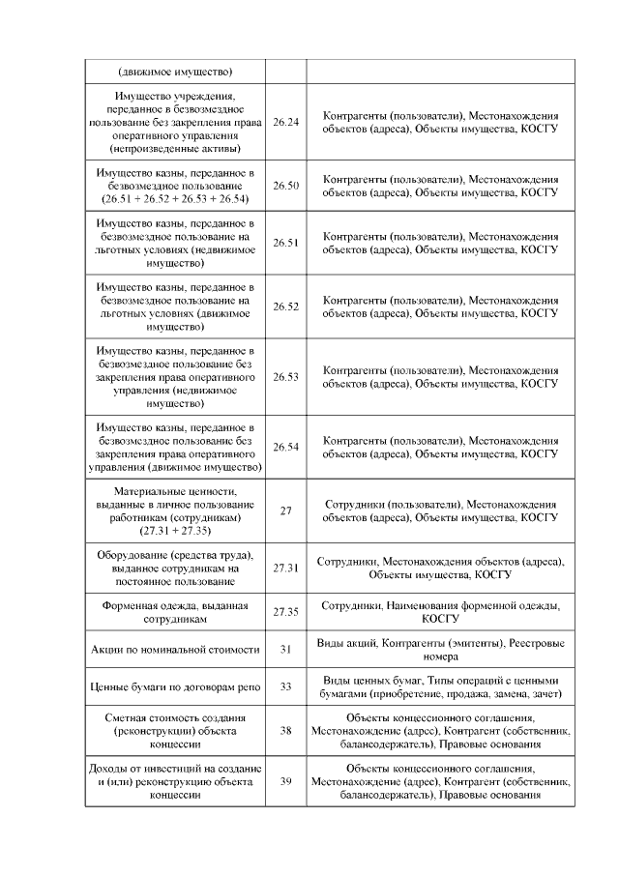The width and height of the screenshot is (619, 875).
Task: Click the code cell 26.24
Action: click(286, 123)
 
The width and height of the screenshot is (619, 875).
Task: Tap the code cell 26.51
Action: click(286, 243)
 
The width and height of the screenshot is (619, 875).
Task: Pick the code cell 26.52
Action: click(286, 306)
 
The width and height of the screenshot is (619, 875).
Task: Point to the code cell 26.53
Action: click(286, 376)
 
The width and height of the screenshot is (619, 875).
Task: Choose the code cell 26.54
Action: click(286, 447)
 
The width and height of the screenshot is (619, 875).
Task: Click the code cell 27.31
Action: click(286, 569)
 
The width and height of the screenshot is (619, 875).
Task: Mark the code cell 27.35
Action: click(286, 612)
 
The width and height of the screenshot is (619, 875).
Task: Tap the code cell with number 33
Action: click(286, 687)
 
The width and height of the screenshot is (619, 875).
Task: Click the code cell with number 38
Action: click(286, 731)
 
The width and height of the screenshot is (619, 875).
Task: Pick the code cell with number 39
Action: click(286, 781)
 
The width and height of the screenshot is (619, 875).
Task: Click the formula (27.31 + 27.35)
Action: click(174, 531)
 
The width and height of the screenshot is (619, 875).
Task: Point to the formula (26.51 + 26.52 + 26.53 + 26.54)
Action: click(174, 199)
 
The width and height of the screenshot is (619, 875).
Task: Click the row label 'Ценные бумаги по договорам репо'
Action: click(174, 687)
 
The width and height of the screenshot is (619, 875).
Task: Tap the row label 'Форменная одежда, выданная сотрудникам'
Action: click(174, 612)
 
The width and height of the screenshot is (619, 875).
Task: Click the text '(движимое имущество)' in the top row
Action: click(174, 72)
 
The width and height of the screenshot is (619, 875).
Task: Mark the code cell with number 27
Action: click(286, 510)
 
